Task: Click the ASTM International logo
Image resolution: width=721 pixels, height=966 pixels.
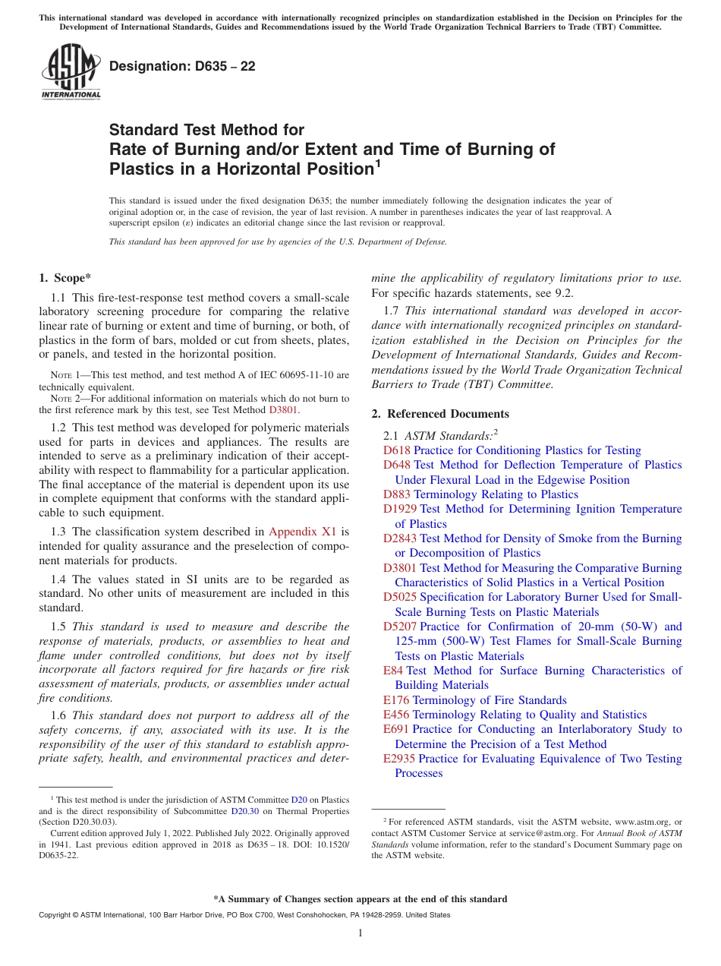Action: pos(71,71)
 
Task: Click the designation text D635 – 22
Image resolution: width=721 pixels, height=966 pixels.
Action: pos(182,66)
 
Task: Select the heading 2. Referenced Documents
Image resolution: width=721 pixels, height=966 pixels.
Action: pos(440,414)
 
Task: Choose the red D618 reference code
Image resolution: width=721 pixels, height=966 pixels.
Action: pos(397,450)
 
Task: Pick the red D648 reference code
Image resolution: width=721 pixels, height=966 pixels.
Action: pos(397,465)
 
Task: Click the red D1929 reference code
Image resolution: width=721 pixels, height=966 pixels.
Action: pos(400,509)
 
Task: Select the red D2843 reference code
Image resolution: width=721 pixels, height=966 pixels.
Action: pos(400,538)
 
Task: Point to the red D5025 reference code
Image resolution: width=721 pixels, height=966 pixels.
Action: pos(400,597)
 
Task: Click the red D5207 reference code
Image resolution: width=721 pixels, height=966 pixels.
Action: pos(400,627)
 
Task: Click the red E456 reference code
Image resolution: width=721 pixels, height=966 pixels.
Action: pos(397,715)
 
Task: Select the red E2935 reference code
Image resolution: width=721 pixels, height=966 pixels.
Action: pos(400,759)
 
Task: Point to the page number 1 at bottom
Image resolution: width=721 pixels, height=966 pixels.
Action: pos(360,933)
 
